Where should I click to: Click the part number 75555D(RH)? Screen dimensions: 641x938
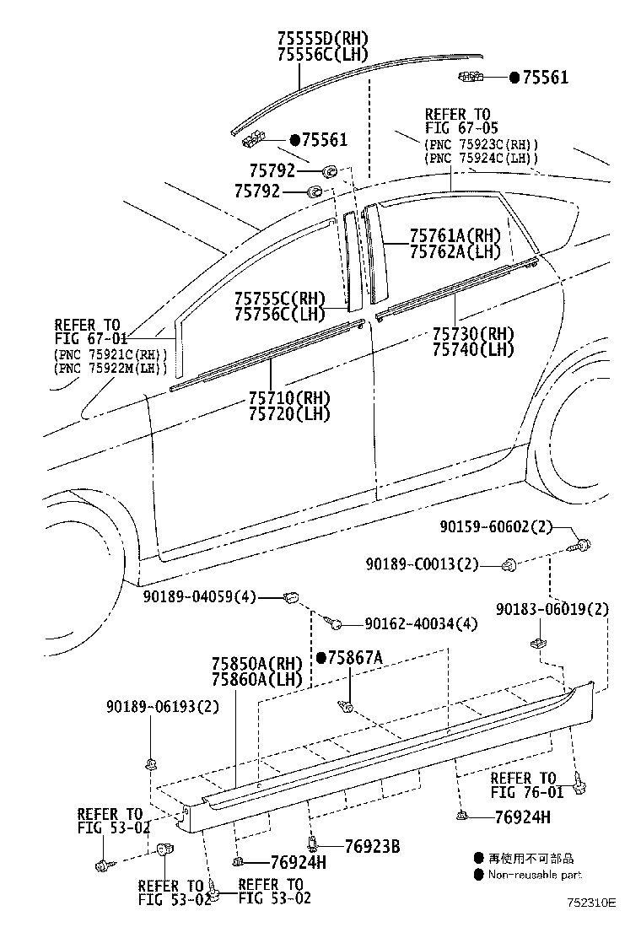(x=323, y=38)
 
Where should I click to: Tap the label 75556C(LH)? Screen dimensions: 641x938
(x=323, y=55)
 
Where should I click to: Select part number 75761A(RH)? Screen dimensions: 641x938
(x=455, y=235)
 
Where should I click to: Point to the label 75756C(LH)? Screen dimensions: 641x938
(x=280, y=314)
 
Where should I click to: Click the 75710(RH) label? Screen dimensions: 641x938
(x=289, y=397)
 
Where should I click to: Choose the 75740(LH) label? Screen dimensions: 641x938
(x=473, y=349)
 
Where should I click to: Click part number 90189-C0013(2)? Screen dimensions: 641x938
(x=423, y=563)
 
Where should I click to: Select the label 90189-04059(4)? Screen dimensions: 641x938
(x=199, y=596)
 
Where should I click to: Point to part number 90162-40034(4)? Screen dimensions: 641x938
(x=422, y=624)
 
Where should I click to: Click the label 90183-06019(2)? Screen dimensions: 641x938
(x=552, y=609)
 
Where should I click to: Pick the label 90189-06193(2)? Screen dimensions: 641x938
(x=163, y=707)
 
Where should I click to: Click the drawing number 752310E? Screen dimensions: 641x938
(x=592, y=902)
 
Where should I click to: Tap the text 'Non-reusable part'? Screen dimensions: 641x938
(x=535, y=875)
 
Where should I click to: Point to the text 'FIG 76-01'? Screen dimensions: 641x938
(x=527, y=792)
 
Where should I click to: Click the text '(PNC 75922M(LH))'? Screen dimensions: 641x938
(x=110, y=368)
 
